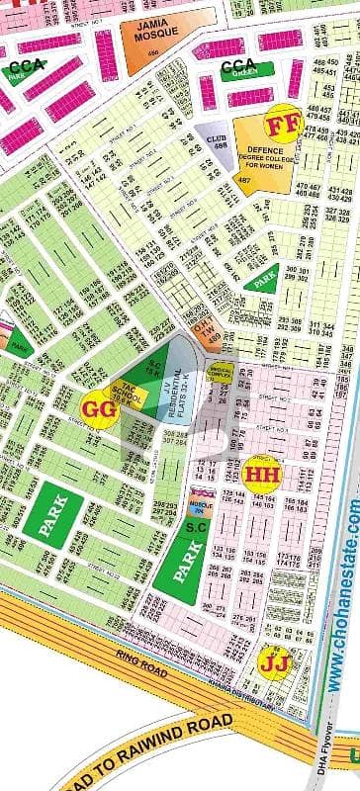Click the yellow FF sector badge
281,126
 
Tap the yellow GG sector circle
97,405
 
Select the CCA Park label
30,68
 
